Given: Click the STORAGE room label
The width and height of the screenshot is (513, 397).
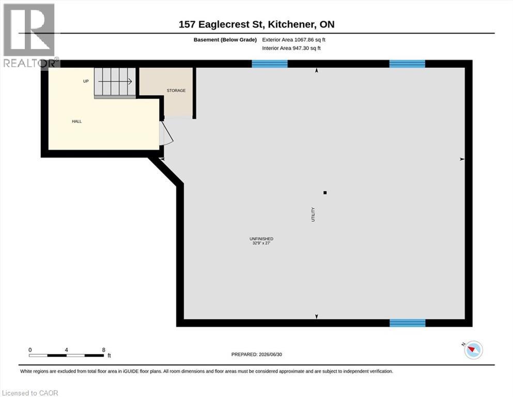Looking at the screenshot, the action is [176, 90].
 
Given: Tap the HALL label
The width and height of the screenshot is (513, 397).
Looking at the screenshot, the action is [77, 121].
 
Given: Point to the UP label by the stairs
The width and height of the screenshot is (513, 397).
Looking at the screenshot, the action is [86, 81].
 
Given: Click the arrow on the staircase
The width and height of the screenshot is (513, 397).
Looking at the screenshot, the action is [115, 82].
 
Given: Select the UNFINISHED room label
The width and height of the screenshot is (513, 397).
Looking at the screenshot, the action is [261, 239].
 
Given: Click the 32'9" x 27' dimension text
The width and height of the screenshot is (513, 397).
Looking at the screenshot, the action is [261, 243].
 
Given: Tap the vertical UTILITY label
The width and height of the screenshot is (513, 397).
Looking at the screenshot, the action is [313, 215].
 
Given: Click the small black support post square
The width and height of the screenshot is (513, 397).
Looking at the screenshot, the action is [325, 193].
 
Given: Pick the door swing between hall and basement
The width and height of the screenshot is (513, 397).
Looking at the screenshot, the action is [166, 132].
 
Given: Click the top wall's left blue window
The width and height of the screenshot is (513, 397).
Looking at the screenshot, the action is [270, 64].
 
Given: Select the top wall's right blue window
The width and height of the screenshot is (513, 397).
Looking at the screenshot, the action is [407, 64].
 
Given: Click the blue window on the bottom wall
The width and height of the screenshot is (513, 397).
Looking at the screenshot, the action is [408, 323].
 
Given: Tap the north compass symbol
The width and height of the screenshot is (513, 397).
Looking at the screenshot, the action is [473, 349].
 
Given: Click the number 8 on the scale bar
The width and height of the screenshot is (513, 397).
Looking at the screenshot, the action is [104, 350].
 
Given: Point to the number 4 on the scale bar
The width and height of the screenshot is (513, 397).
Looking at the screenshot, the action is [67, 350].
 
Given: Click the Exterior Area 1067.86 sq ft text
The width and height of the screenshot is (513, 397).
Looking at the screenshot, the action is [293, 40].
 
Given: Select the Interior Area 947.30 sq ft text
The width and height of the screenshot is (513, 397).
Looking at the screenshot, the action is [291, 48].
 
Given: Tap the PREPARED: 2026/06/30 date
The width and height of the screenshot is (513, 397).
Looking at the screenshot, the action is [256, 355].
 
